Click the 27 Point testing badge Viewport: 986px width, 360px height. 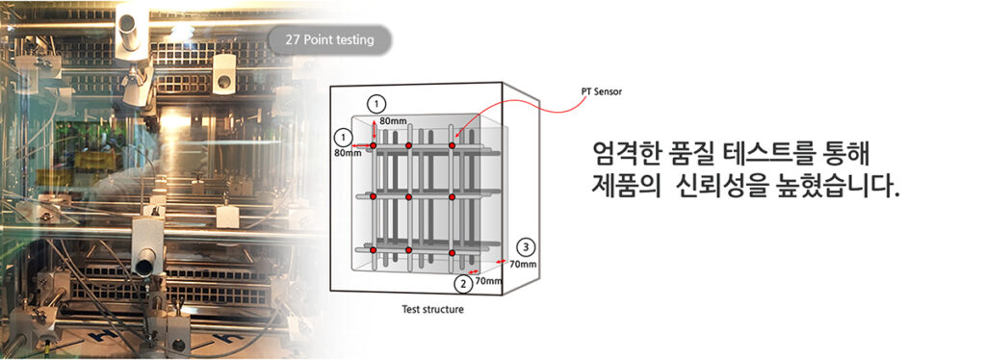point(329,39)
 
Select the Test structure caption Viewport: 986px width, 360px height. point(432,310)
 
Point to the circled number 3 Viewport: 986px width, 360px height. point(524,245)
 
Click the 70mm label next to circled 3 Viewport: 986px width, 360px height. point(523,263)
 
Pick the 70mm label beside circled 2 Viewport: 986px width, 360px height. point(489,281)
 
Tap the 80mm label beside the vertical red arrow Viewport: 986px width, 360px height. point(392,121)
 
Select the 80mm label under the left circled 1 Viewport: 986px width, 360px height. point(348,152)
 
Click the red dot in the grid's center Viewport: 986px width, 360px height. point(409,197)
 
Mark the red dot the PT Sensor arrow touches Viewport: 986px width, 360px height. point(452,145)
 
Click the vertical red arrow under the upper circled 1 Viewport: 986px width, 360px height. point(375,129)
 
